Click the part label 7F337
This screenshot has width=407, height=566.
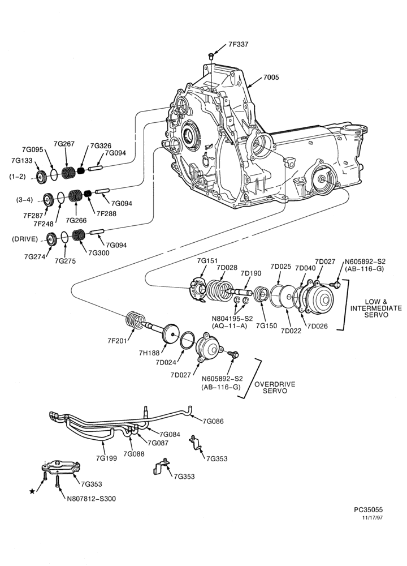tap(239, 44)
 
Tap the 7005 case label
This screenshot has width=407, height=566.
tap(271, 77)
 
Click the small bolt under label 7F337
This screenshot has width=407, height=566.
tap(211, 55)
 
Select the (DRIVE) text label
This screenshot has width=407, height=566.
tap(25, 239)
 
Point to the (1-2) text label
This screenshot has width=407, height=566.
tap(18, 177)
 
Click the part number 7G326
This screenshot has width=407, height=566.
tap(101, 145)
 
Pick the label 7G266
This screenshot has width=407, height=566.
tap(76, 220)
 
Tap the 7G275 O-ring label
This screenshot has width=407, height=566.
tap(65, 261)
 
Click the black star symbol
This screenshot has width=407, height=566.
tap(32, 491)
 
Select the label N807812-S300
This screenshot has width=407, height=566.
tap(92, 499)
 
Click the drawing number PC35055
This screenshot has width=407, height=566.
tap(368, 510)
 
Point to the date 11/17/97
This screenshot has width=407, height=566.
tap(373, 518)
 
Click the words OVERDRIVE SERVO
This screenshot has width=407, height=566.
tap(275, 387)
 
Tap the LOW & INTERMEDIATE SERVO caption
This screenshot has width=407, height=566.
tap(376, 308)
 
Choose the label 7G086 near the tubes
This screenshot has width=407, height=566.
tap(213, 421)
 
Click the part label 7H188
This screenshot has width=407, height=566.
tap(149, 353)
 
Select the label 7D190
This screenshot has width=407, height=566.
tap(251, 273)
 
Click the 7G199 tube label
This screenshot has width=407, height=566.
tap(106, 458)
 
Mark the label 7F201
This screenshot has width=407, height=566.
tap(118, 340)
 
